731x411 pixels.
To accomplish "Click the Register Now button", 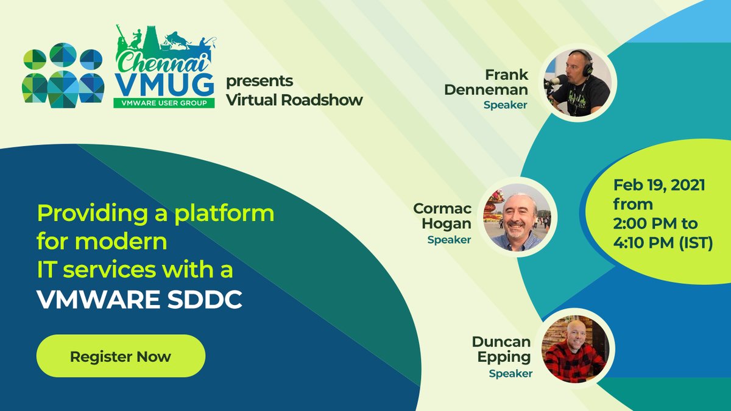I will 121,356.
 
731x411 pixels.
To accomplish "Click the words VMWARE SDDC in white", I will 139,300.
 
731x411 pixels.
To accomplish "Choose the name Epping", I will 501,358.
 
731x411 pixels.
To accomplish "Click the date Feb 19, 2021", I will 659,185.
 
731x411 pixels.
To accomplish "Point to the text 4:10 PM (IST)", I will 663,242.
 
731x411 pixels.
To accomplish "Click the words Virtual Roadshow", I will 294,100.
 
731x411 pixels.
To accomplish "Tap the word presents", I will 260,81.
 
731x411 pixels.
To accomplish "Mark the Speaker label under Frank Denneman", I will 505,105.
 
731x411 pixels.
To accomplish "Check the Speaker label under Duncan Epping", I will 510,373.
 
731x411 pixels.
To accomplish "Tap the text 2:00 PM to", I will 655,223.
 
